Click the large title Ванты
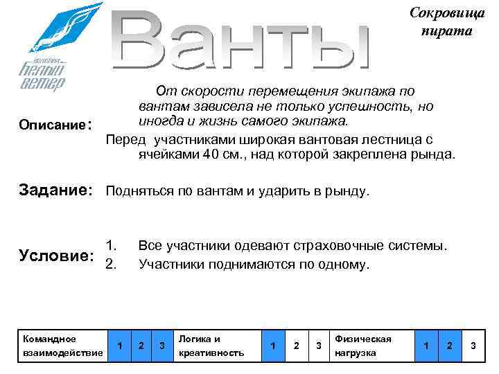243,42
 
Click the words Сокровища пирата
440,23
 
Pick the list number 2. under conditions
111,264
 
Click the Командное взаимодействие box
63,346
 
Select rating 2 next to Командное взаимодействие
141,346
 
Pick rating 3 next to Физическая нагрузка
473,346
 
